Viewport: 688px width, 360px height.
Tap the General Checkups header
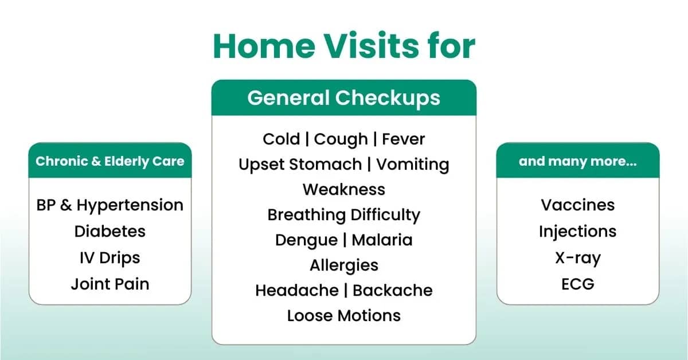pos(343,97)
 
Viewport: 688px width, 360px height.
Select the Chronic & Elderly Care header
pos(110,161)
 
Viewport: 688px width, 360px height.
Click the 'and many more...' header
pos(577,161)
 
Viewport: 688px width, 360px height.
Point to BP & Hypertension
pos(110,205)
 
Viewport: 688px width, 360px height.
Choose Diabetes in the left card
pos(110,232)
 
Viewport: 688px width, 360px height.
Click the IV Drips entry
pos(110,257)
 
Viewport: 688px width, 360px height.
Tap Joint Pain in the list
pos(110,284)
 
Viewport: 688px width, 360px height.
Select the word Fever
pos(404,139)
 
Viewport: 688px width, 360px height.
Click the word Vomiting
pos(412,165)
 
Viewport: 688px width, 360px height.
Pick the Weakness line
pos(343,189)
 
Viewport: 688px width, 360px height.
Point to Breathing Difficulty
pos(343,215)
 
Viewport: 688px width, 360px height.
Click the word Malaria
pos(382,240)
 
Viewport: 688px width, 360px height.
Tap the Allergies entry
pos(343,265)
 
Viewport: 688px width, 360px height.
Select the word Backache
pos(392,290)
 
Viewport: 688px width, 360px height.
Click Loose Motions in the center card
pos(343,315)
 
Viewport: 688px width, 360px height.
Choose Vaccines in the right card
pos(577,205)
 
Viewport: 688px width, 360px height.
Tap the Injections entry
pos(577,232)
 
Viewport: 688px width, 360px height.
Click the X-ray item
pos(577,257)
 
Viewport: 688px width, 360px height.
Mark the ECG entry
pos(577,284)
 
